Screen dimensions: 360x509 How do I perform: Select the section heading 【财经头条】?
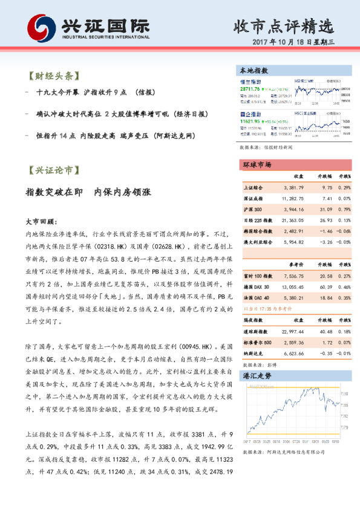pyautogui.click(x=54, y=77)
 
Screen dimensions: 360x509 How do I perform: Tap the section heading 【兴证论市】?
pyautogui.click(x=54, y=170)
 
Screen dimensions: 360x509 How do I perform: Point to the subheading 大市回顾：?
pyautogui.click(x=41, y=221)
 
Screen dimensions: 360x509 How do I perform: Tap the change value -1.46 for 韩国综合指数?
pyautogui.click(x=326, y=231)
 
